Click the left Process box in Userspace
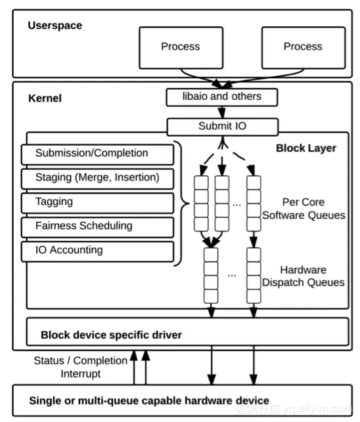tap(181, 48)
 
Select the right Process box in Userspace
tap(304, 48)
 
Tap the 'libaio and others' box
tap(222, 97)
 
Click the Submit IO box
tap(223, 127)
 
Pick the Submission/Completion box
tap(97, 154)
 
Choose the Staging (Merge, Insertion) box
tap(97, 179)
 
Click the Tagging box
tap(97, 203)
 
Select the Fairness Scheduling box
tap(97, 227)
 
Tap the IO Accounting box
tap(97, 251)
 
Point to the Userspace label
tap(55, 26)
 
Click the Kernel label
tap(45, 98)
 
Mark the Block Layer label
tap(306, 148)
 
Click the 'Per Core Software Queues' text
tap(304, 209)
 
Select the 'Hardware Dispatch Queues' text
tap(304, 276)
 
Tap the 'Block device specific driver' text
tap(111, 335)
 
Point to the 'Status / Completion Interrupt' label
tap(81, 367)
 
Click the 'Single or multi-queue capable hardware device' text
tap(149, 401)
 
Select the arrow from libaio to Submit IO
tap(222, 112)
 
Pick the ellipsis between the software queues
tap(236, 205)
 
